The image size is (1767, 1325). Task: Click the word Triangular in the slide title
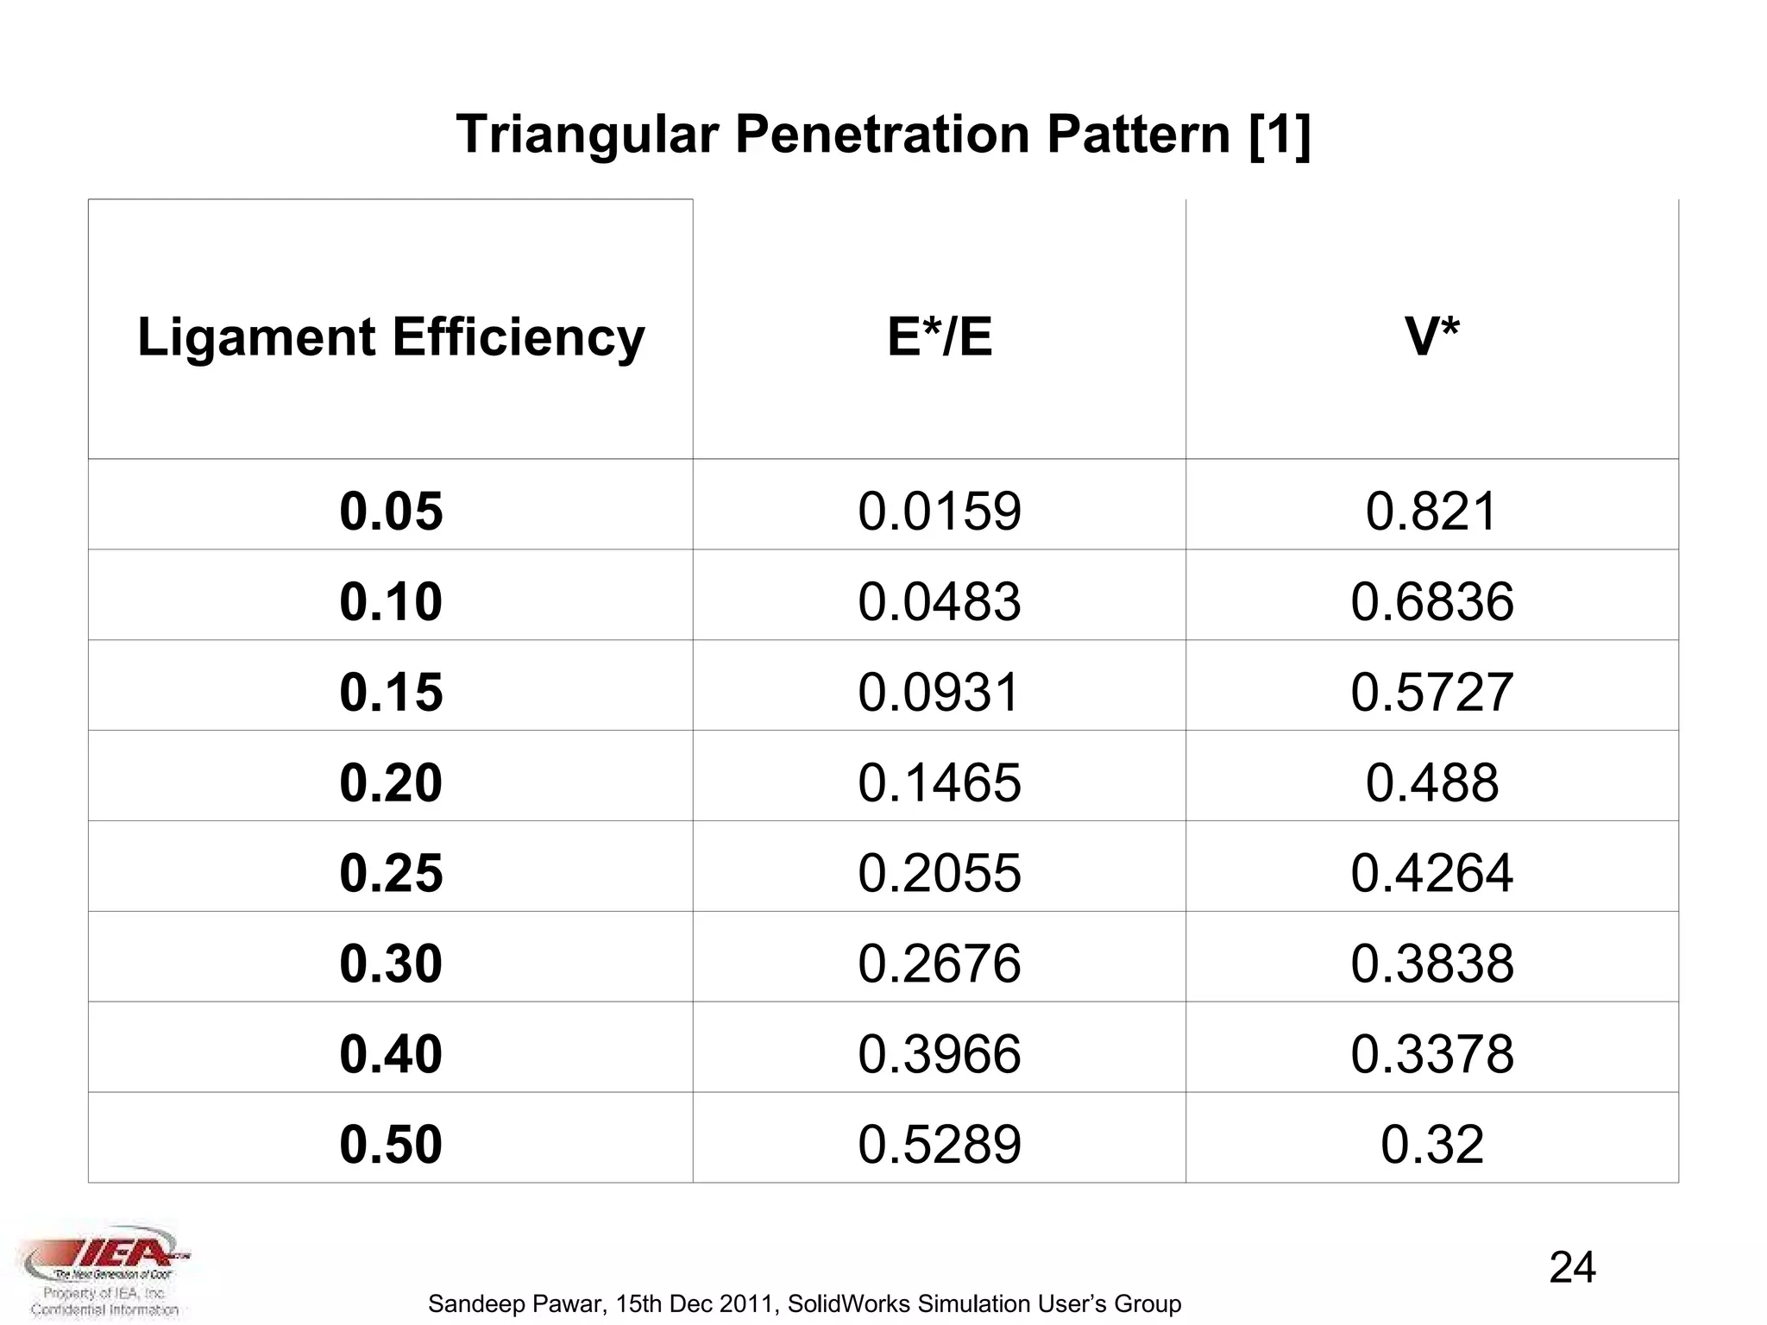click(x=587, y=135)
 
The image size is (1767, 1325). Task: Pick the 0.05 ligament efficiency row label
click(x=391, y=511)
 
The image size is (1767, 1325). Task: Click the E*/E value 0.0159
click(x=940, y=511)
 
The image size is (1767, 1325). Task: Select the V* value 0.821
click(x=1431, y=511)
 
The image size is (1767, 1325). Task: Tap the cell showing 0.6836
click(x=1431, y=601)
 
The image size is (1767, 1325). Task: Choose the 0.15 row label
click(x=391, y=692)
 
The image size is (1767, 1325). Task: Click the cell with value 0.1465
click(x=940, y=782)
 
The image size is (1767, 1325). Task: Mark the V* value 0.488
click(x=1431, y=782)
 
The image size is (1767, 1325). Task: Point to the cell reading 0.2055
click(x=940, y=873)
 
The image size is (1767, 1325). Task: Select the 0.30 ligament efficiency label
click(x=391, y=964)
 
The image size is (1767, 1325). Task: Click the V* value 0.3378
click(x=1431, y=1054)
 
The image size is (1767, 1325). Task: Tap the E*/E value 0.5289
click(x=940, y=1145)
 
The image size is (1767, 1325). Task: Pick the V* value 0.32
click(x=1431, y=1145)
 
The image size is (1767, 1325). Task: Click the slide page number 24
click(x=1572, y=1268)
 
